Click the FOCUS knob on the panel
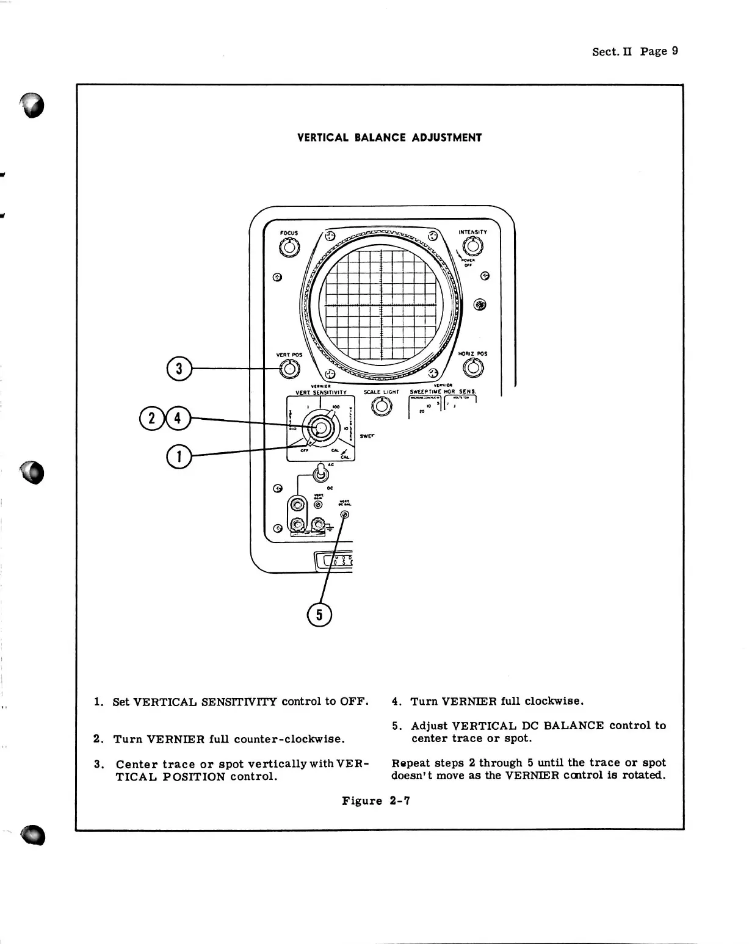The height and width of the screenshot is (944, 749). [289, 248]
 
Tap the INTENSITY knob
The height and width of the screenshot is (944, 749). [472, 246]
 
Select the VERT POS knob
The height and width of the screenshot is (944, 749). [289, 369]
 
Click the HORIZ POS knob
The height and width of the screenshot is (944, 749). [472, 368]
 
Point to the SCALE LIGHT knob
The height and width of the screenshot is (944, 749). [381, 406]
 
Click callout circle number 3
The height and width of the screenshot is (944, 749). [179, 369]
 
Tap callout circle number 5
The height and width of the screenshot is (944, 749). [319, 614]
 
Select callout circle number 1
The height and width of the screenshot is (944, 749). [179, 455]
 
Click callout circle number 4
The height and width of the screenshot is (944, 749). [178, 419]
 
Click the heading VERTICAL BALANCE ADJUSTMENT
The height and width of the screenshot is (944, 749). [389, 137]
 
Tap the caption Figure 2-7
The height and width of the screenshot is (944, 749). [375, 801]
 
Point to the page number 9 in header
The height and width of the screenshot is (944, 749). [675, 51]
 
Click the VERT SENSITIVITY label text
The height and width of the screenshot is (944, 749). [321, 392]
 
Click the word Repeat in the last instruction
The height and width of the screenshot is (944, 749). [408, 763]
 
